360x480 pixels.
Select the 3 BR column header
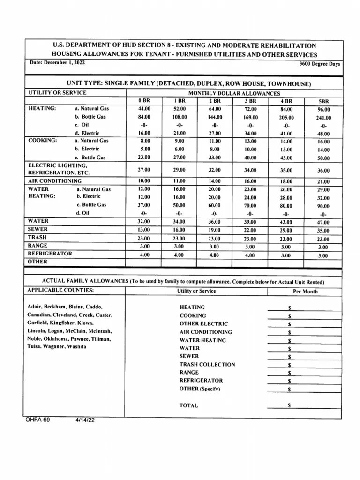click(250, 101)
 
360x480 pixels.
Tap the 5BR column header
click(323, 101)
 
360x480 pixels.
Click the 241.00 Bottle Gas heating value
click(323, 118)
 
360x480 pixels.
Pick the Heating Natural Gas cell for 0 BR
click(144, 109)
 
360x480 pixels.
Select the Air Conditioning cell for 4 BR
click(286, 181)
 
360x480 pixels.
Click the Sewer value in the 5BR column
click(323, 231)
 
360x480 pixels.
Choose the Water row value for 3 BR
click(250, 222)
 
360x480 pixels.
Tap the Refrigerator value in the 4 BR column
click(286, 255)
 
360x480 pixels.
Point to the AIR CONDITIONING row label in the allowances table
click(54, 180)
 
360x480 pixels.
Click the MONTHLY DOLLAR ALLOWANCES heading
click(234, 93)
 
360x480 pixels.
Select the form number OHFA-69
click(37, 420)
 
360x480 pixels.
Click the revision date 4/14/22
click(85, 420)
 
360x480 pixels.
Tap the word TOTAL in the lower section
click(188, 405)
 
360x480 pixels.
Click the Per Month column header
click(305, 291)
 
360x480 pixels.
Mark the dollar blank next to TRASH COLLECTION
click(305, 364)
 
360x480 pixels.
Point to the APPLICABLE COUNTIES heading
click(60, 290)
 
